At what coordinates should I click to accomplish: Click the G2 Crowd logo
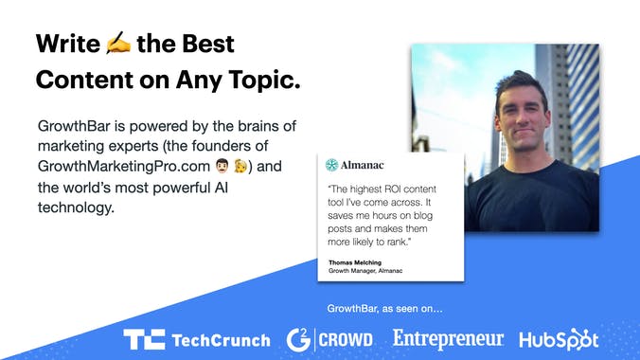[329, 338]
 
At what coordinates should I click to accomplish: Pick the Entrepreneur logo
[448, 337]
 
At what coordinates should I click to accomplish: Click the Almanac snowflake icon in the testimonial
[331, 165]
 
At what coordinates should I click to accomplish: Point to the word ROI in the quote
[390, 188]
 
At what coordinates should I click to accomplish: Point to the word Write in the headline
[68, 44]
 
